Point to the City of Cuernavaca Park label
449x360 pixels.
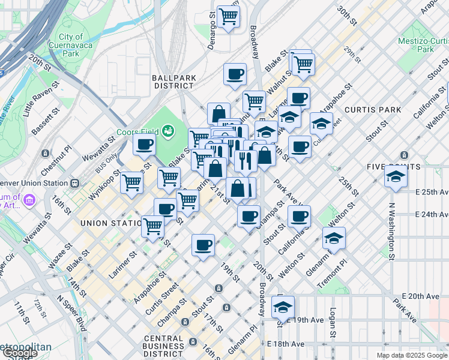point(71,45)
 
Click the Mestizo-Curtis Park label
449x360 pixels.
point(424,45)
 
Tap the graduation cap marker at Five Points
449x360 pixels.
point(396,176)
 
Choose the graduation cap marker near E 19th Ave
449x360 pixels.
point(283,308)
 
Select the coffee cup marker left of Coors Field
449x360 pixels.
point(144,145)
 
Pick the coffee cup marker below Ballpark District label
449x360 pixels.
point(235,75)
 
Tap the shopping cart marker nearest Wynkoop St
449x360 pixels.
point(131,182)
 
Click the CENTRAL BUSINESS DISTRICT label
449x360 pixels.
point(163,342)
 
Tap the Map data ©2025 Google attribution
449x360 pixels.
point(412,355)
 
